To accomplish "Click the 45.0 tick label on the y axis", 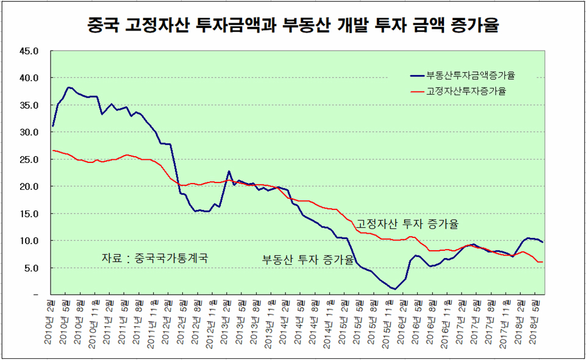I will point(29,51).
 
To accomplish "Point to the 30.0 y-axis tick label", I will point(29,132).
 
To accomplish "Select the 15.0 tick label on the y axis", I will point(29,214).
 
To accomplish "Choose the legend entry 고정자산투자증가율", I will point(467,92).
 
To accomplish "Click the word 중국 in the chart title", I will point(102,26).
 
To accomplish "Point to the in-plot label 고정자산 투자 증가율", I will point(407,224).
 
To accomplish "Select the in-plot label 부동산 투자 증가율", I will point(308,259).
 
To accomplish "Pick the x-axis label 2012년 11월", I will point(213,324).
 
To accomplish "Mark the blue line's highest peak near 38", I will point(68,87).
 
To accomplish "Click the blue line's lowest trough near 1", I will point(395,289).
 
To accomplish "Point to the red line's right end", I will point(543,262).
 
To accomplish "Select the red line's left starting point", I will point(53,150).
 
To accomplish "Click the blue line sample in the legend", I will point(418,76).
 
